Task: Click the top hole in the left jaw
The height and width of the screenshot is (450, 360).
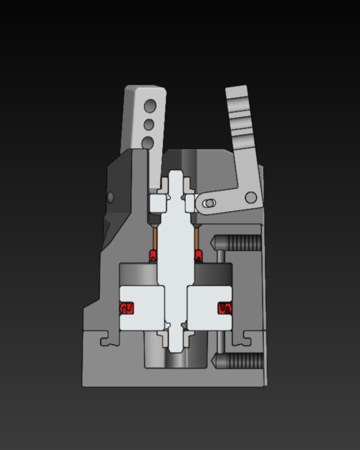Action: [x=149, y=106]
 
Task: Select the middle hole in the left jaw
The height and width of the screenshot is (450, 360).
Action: [x=149, y=124]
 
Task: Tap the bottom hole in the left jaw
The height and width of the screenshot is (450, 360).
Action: [x=148, y=143]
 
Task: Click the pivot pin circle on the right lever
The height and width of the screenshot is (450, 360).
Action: [x=250, y=197]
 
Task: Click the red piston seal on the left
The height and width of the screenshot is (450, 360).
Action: [x=127, y=308]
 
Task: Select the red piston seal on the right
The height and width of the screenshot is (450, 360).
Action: [x=224, y=308]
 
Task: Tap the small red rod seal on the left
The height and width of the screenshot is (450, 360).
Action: [x=153, y=254]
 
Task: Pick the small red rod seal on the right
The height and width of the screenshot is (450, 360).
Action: [x=198, y=254]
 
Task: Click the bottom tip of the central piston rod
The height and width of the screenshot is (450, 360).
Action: [x=176, y=347]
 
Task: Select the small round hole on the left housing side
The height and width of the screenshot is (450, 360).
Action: [x=110, y=195]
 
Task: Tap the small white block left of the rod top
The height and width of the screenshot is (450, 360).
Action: [x=158, y=202]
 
